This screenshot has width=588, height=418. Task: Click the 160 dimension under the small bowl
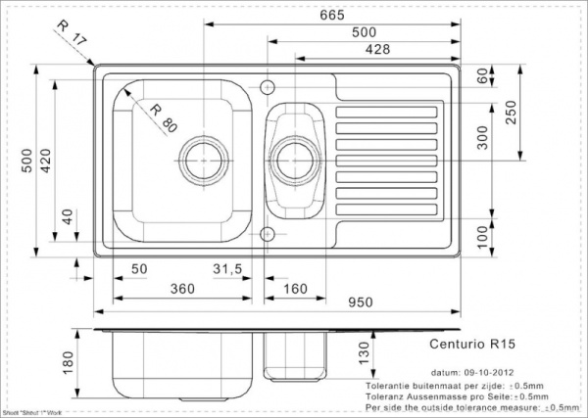point(299,290)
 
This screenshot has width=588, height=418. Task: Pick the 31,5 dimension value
point(227,268)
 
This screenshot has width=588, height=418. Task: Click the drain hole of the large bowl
point(203,156)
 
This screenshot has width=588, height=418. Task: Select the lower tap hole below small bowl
point(267,232)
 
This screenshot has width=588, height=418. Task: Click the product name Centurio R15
point(466,344)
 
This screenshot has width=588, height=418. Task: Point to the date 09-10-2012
point(490,373)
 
